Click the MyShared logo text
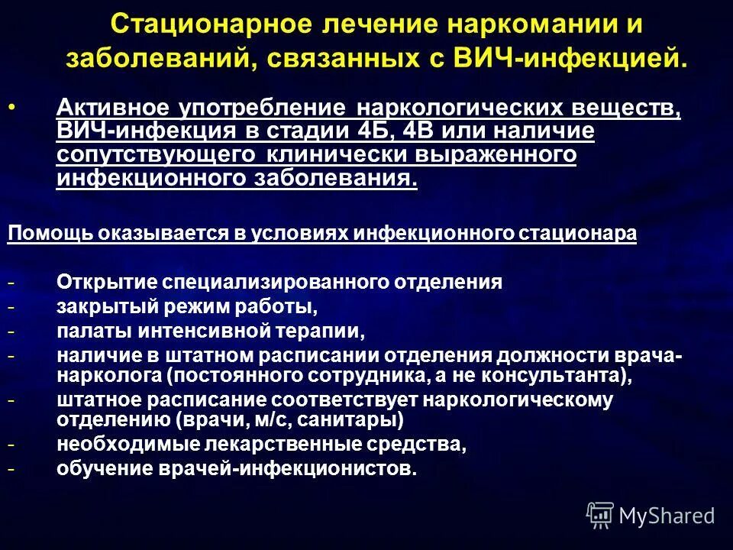point(667,516)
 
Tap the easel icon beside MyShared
point(600,515)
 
